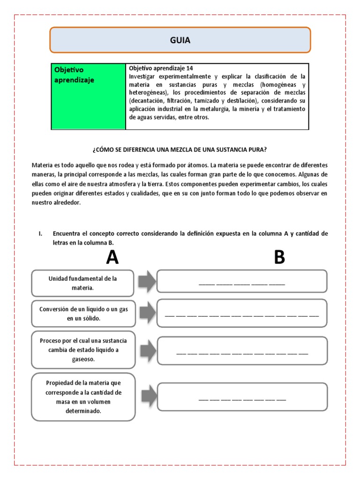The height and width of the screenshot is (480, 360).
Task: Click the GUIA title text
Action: [180, 40]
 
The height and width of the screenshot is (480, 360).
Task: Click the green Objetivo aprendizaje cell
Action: [88, 96]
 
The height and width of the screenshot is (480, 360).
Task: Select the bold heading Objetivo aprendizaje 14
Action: [161, 68]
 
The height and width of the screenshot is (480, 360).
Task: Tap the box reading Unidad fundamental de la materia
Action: [82, 283]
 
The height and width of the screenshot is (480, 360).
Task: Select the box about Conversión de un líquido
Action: [83, 314]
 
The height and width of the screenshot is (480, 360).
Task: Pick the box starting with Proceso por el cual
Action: [83, 350]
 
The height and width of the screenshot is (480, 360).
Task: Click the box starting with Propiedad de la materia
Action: [83, 397]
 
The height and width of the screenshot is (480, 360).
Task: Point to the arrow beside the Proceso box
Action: [146, 349]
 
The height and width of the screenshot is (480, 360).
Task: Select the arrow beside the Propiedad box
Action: [148, 396]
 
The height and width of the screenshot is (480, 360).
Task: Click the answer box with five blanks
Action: [242, 281]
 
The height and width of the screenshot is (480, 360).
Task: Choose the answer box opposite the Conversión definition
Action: [242, 313]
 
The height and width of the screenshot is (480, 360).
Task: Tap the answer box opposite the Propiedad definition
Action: [242, 397]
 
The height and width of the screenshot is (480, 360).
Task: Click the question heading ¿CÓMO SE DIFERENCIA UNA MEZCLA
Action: [180, 150]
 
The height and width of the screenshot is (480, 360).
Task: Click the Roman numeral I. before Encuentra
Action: [41, 233]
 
